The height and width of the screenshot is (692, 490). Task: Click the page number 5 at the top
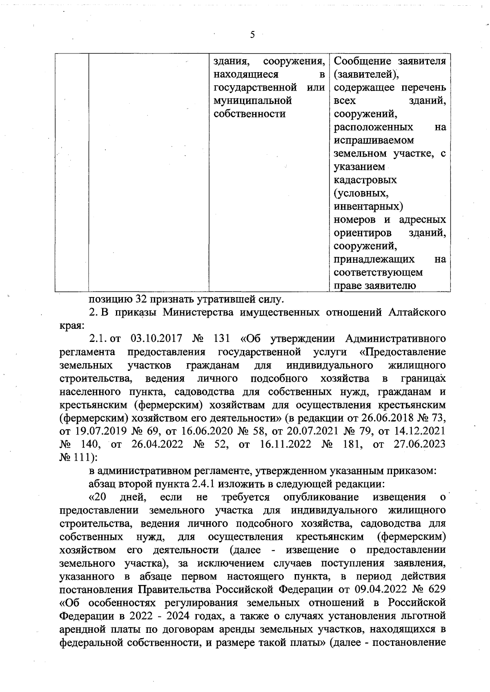pos(252,35)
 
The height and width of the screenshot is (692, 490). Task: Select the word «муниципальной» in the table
pos(253,100)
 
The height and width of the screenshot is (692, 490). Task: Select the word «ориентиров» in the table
pos(363,233)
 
